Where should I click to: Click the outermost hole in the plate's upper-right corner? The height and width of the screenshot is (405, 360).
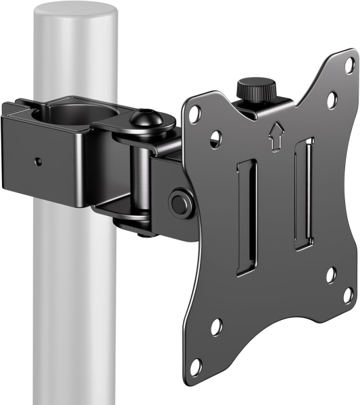349,65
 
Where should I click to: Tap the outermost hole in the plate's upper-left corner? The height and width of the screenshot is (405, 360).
193,110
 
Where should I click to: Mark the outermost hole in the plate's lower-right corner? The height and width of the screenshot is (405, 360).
348,294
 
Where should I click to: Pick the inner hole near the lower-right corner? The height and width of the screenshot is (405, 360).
330,274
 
